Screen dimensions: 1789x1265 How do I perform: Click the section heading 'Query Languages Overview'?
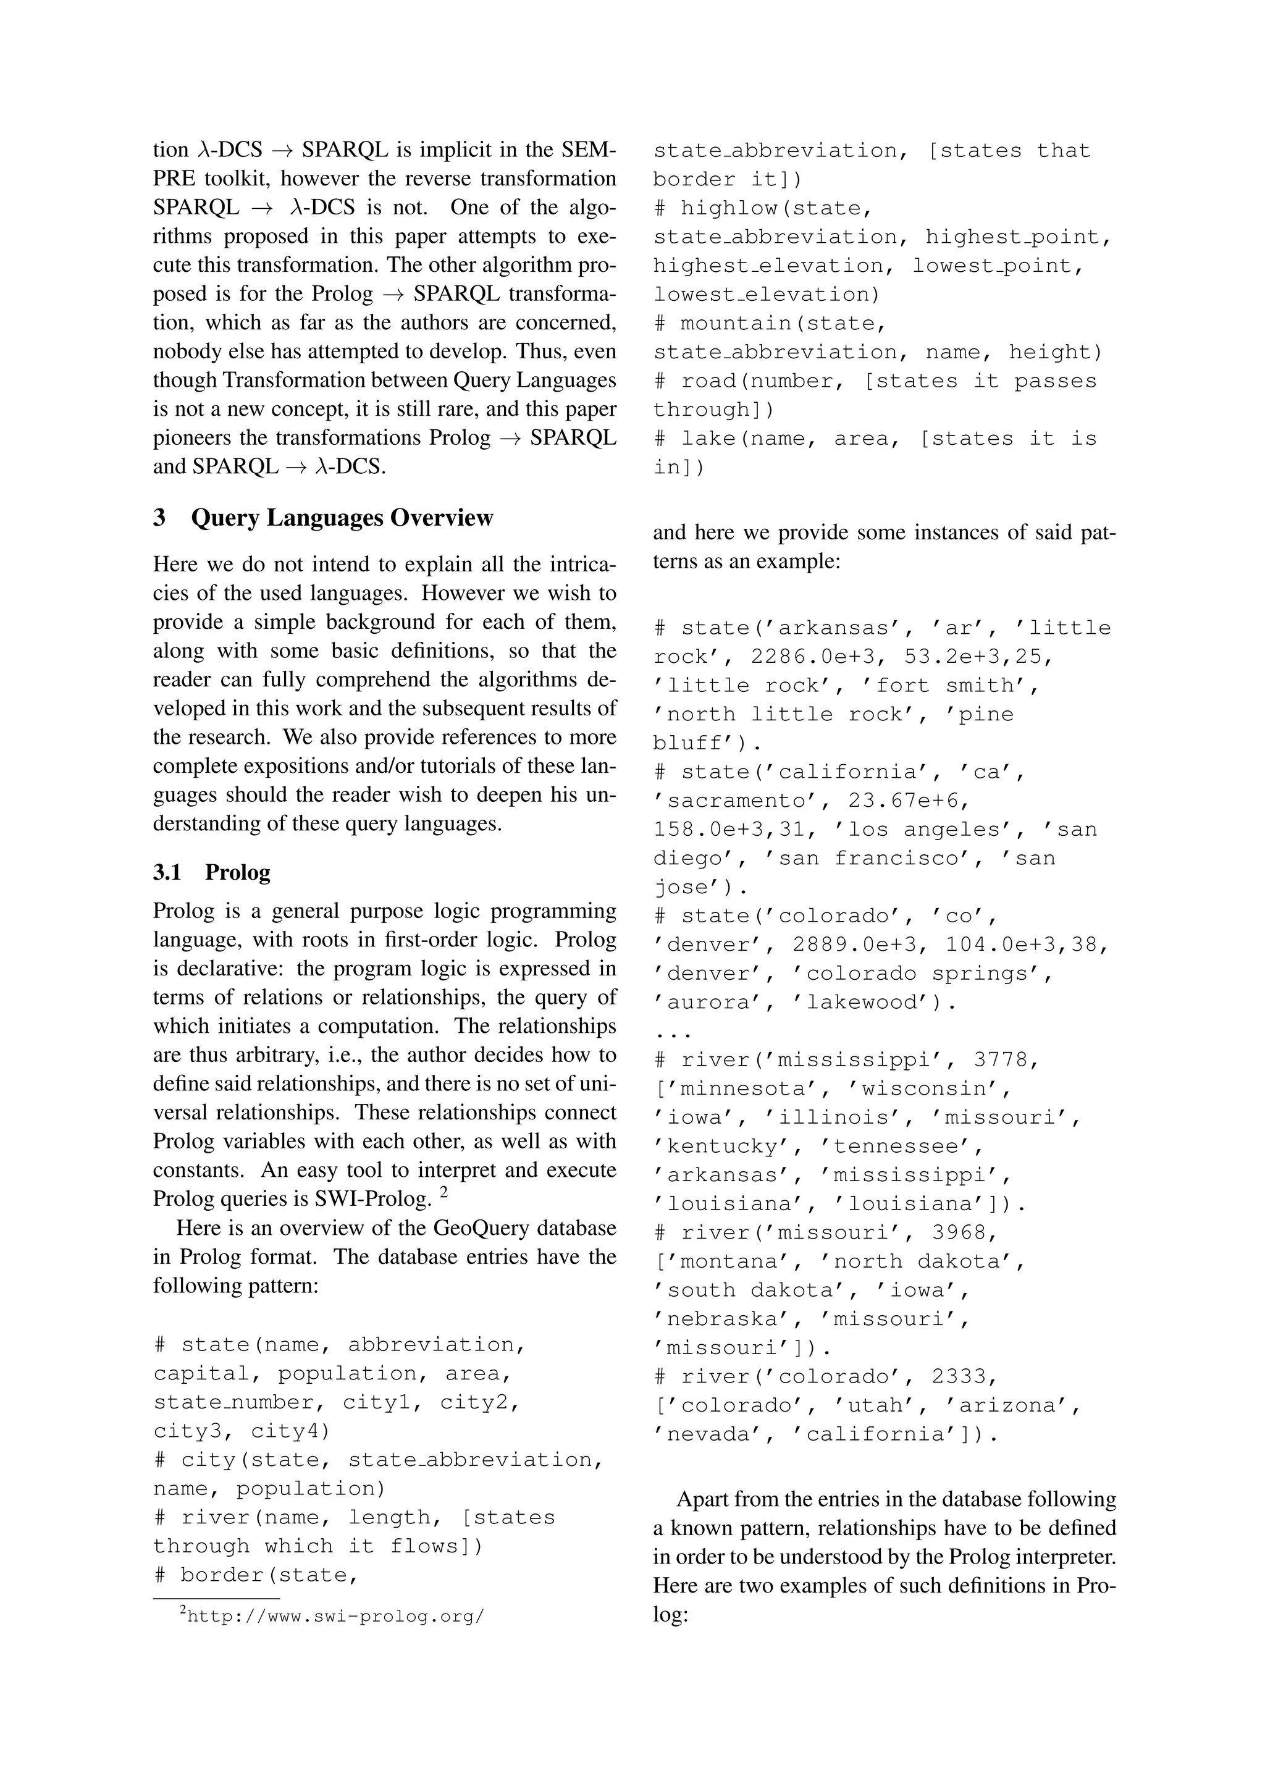pos(342,518)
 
